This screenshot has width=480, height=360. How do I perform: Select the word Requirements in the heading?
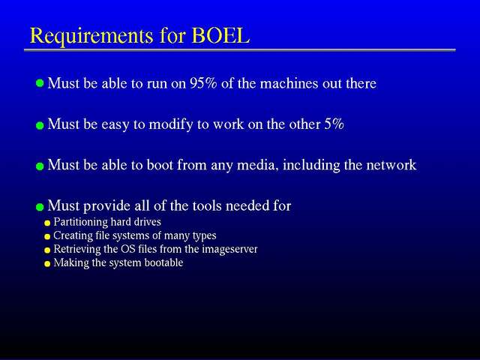(91, 37)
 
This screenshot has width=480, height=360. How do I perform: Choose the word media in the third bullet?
(258, 165)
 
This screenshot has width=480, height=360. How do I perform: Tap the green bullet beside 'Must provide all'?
(40, 207)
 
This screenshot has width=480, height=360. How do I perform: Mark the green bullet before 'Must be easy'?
(40, 125)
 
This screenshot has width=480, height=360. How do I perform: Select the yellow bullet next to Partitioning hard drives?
(47, 223)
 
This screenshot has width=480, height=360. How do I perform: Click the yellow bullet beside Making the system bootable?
(47, 264)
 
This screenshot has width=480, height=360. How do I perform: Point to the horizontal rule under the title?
(240, 50)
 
